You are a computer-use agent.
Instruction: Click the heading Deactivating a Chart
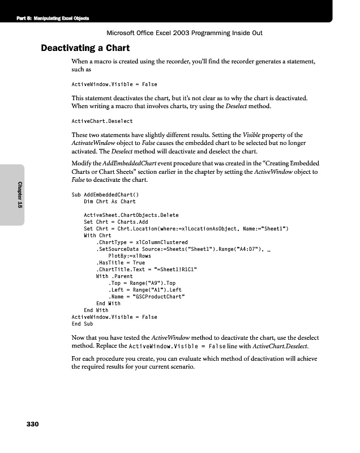pyautogui.click(x=85, y=48)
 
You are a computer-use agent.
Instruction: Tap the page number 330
pyautogui.click(x=32, y=424)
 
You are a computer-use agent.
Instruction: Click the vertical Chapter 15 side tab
pyautogui.click(x=20, y=195)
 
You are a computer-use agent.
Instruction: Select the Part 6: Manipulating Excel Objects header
pyautogui.click(x=53, y=18)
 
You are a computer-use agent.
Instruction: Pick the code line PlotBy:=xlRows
pyautogui.click(x=128, y=256)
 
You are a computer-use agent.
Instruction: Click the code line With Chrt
pyautogui.click(x=97, y=236)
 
